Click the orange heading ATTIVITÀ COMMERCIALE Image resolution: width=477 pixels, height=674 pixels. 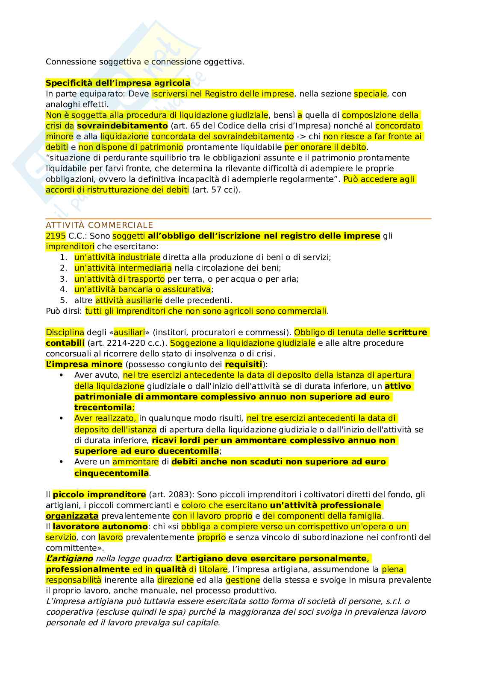99,225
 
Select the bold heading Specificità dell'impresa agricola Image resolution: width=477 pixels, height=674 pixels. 118,83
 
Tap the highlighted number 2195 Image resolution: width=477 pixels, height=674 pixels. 56,236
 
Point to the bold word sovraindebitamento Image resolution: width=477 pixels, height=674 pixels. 122,125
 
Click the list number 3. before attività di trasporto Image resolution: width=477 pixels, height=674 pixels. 64,279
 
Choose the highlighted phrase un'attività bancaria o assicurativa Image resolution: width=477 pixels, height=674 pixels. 142,289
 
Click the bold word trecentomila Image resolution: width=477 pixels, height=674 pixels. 103,407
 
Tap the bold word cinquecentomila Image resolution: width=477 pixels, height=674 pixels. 112,473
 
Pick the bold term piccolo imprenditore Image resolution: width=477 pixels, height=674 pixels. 99,494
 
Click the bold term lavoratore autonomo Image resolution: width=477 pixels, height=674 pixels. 100,526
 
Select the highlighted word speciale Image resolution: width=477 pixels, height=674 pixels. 370,93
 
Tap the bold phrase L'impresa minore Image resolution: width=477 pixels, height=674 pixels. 84,364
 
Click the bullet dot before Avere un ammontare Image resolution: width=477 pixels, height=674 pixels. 61,462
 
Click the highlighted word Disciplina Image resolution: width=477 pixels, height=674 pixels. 65,332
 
